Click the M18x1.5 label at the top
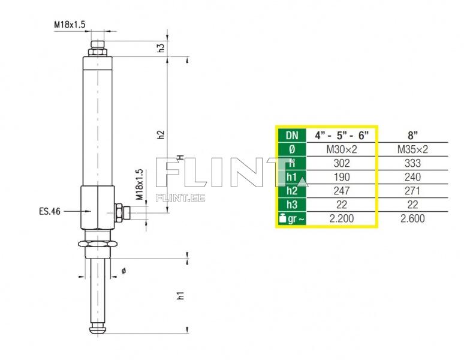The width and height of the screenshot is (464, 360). pyautogui.click(x=70, y=25)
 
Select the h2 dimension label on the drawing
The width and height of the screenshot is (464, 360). pyautogui.click(x=161, y=134)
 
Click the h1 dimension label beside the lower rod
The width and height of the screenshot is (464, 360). pyautogui.click(x=180, y=295)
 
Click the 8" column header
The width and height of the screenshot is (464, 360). pyautogui.click(x=412, y=136)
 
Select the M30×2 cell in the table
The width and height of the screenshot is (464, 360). pyautogui.click(x=341, y=149)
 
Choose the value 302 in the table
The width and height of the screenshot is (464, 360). pyautogui.click(x=341, y=163)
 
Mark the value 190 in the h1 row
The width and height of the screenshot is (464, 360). pyautogui.click(x=341, y=177)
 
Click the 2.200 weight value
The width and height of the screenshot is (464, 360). pyautogui.click(x=341, y=218)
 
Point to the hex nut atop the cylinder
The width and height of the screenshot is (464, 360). pyautogui.click(x=97, y=52)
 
